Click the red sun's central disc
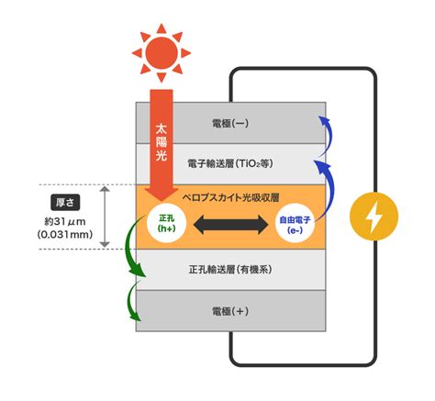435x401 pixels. pyautogui.click(x=162, y=53)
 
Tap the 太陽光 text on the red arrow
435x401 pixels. pyautogui.click(x=162, y=142)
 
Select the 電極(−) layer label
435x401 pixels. pyautogui.click(x=230, y=123)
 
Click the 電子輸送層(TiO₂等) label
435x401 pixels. pyautogui.click(x=230, y=163)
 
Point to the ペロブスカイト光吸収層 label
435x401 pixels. pyautogui.click(x=230, y=197)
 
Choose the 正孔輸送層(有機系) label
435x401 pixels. pyautogui.click(x=230, y=270)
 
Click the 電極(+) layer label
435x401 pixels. pyautogui.click(x=230, y=311)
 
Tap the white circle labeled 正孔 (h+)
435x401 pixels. pyautogui.click(x=166, y=223)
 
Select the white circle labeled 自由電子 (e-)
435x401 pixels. pyautogui.click(x=295, y=224)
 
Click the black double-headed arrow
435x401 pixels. pyautogui.click(x=231, y=225)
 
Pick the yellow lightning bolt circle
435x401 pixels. pyautogui.click(x=374, y=217)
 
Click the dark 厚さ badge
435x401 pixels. pyautogui.click(x=65, y=202)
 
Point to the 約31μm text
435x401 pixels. pyautogui.click(x=65, y=221)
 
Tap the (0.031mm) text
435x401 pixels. pyautogui.click(x=65, y=235)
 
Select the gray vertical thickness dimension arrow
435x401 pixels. pyautogui.click(x=105, y=217)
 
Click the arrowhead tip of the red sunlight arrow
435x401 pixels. pyautogui.click(x=162, y=202)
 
